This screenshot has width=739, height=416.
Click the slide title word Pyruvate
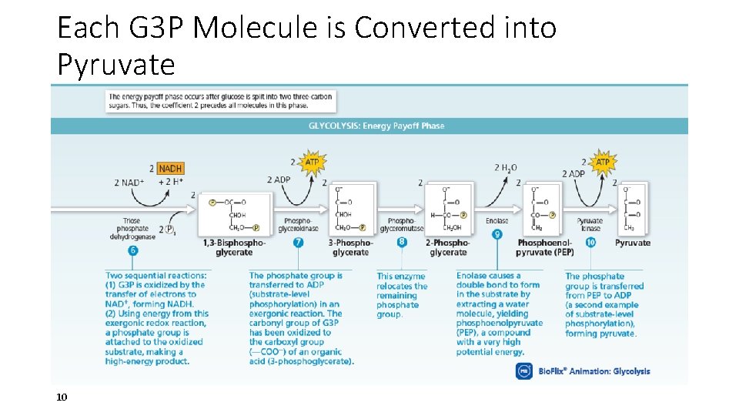[x=116, y=65]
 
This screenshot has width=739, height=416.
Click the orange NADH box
[x=170, y=168]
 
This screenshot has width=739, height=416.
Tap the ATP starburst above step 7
[x=312, y=163]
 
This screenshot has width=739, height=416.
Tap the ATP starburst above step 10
[x=602, y=163]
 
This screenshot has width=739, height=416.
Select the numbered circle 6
[x=133, y=250]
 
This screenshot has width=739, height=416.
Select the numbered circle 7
[x=299, y=242]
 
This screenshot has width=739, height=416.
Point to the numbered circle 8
[x=402, y=242]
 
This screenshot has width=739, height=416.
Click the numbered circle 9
[x=497, y=234]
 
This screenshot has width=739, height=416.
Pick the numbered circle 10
[x=590, y=242]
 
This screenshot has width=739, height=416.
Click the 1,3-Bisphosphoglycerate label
[x=234, y=247]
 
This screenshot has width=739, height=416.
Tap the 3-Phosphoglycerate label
[x=351, y=247]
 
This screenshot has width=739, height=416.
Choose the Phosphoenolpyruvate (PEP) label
[x=545, y=247]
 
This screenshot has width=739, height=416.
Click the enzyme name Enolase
[x=497, y=221]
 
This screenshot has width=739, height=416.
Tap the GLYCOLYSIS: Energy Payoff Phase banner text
[x=376, y=126]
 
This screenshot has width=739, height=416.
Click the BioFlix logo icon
[x=523, y=371]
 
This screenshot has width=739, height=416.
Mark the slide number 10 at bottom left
[x=62, y=397]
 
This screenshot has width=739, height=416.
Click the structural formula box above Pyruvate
[x=634, y=208]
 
